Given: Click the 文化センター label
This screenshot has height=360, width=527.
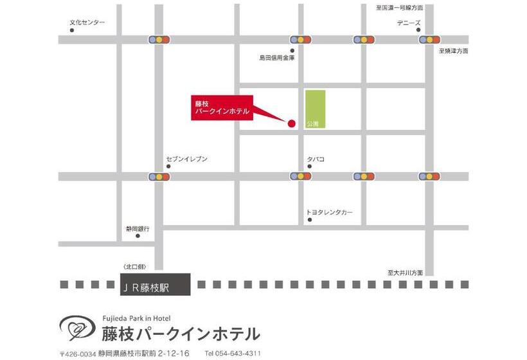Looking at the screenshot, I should [87, 23].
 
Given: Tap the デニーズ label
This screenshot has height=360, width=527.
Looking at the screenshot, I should [409, 23].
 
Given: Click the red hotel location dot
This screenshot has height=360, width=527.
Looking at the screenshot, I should [290, 123].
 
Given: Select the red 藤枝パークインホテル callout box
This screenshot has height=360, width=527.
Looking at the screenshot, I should [222, 107].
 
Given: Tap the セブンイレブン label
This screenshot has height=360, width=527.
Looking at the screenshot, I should [186, 159].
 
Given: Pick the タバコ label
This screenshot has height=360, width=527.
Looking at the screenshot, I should [316, 159].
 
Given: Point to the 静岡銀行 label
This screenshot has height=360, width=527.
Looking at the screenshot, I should [138, 228].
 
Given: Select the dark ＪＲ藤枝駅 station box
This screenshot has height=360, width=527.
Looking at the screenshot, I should [155, 284].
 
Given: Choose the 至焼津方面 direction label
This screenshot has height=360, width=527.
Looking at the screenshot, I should [454, 50].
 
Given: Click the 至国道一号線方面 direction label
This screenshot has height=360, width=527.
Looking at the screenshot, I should [400, 8].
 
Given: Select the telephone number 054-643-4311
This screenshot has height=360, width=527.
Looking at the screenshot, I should [233, 353].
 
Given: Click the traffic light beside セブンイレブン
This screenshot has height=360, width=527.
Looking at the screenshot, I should [159, 175].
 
